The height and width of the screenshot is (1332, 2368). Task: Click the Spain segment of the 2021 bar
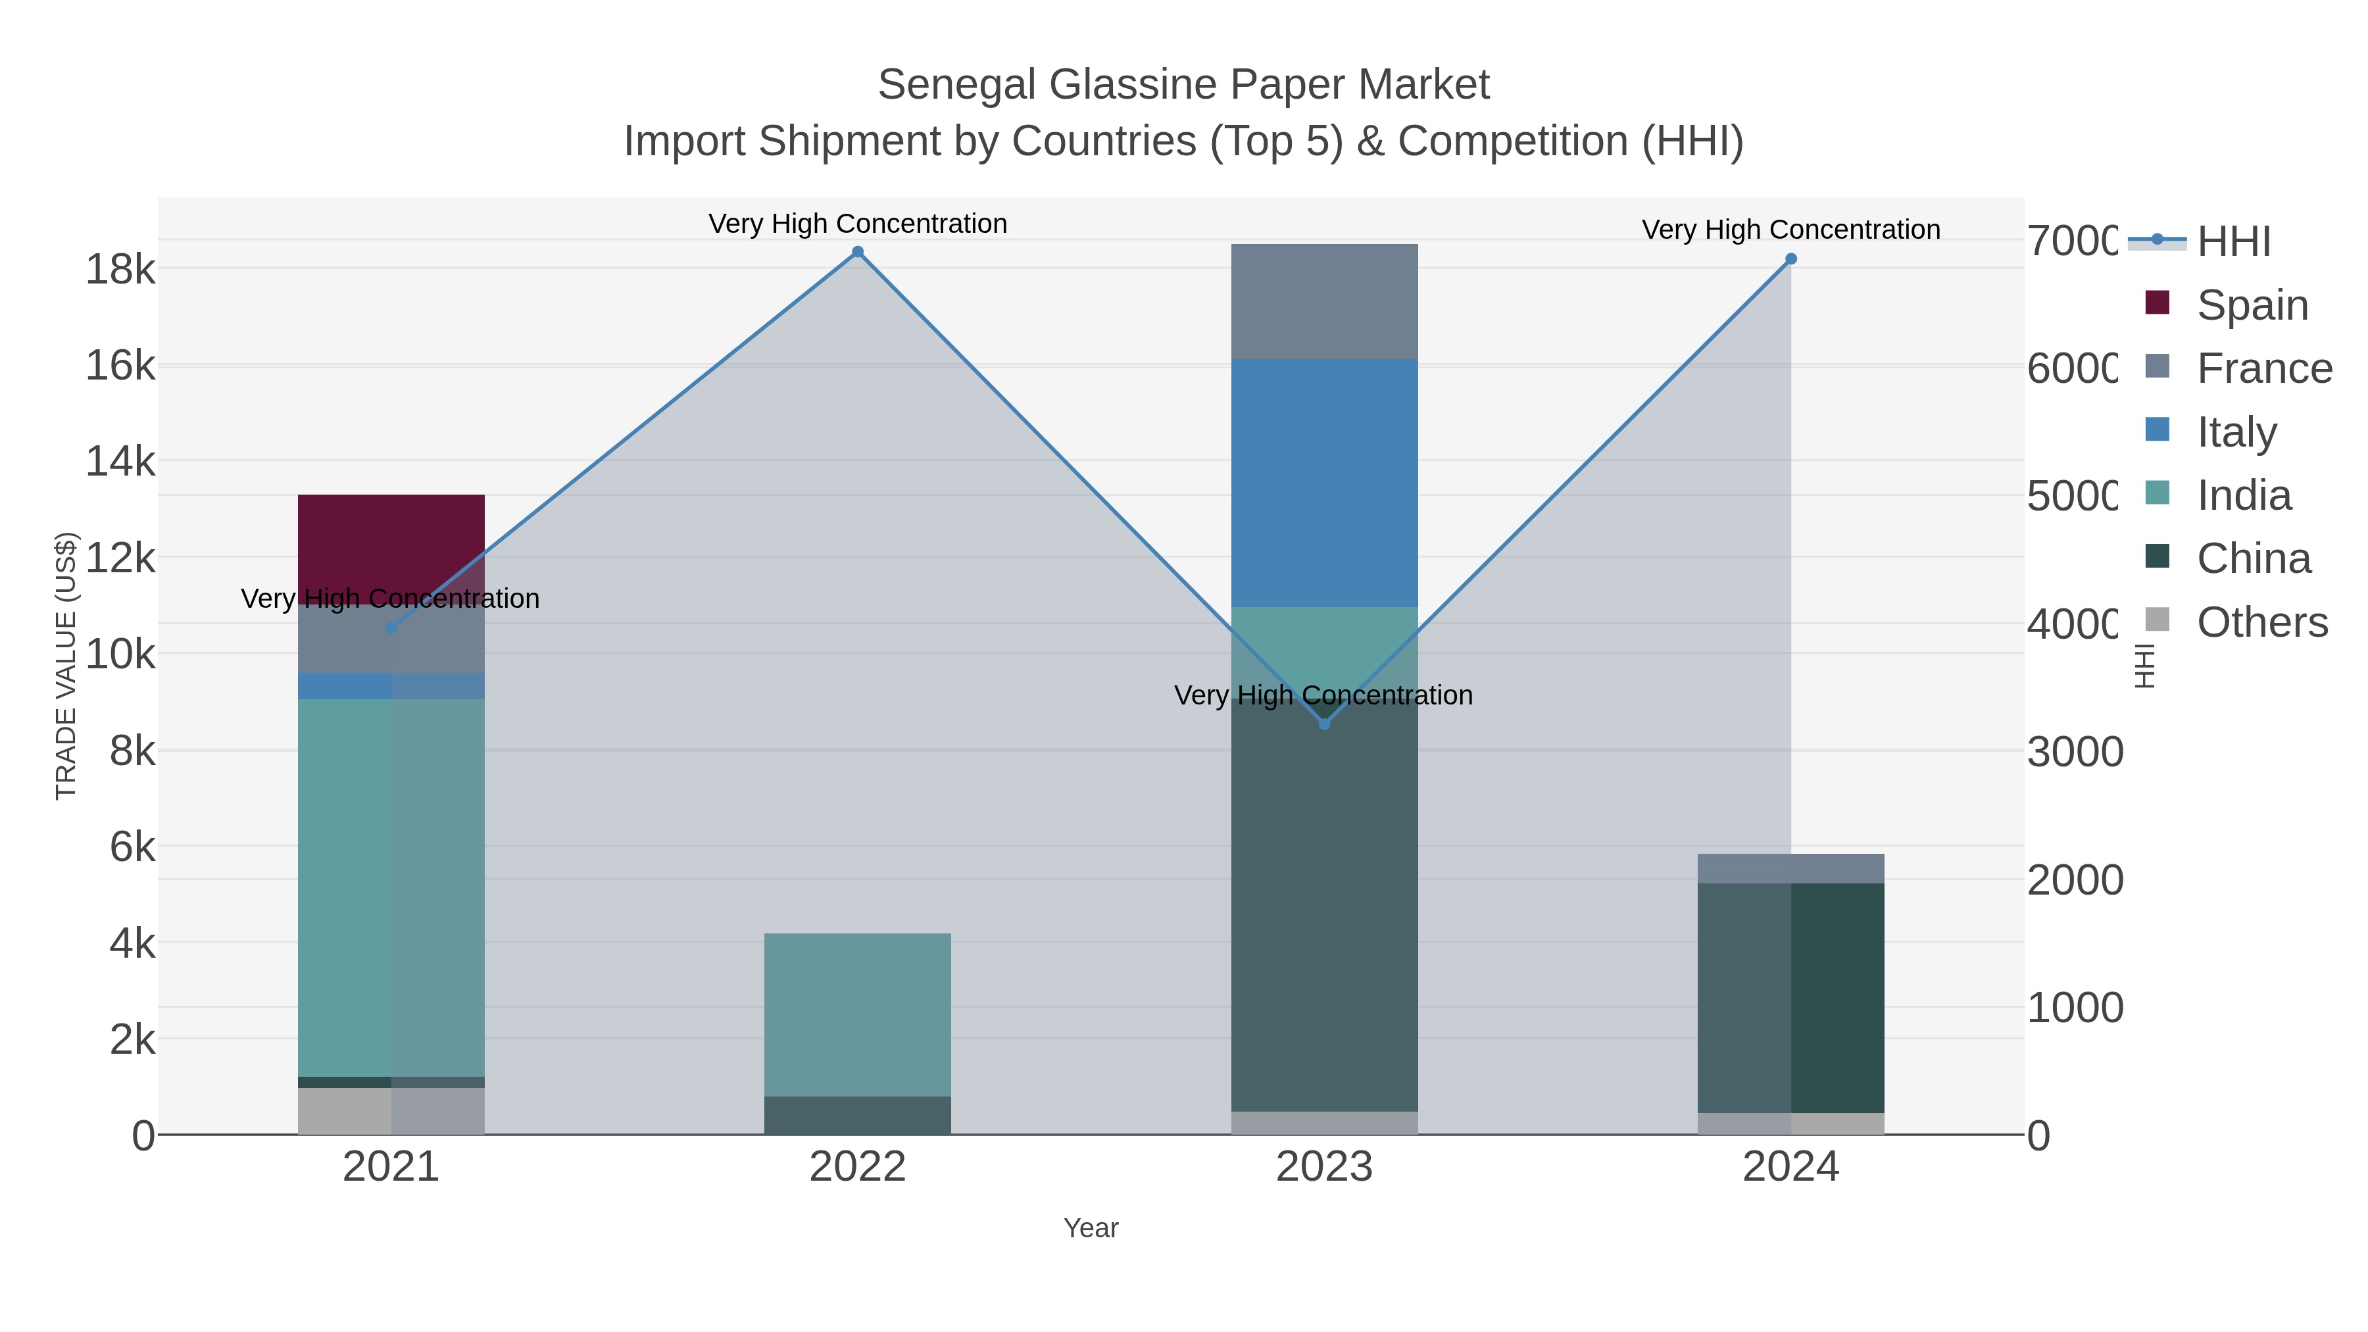tap(391, 548)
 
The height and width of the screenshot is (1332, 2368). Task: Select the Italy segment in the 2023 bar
tap(1323, 483)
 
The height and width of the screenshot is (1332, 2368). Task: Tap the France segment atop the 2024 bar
tap(1790, 868)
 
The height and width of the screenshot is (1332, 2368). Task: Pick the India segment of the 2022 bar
tap(856, 1014)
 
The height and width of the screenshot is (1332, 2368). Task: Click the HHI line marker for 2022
tap(858, 252)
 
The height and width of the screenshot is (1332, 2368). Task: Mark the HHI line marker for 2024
tap(1790, 259)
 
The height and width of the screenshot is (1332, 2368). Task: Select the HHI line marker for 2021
tap(391, 628)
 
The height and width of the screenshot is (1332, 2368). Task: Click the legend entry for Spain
tap(2252, 305)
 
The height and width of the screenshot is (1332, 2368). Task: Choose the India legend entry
tap(2243, 495)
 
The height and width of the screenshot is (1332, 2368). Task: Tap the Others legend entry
tap(2261, 622)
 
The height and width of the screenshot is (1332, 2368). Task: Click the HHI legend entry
tap(2233, 242)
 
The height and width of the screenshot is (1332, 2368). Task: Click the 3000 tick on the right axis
tap(2075, 752)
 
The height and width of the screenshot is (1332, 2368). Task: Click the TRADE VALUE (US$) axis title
tap(66, 666)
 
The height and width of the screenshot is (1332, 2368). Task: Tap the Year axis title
tap(1090, 1228)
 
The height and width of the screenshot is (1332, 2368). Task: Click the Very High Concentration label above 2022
tap(858, 224)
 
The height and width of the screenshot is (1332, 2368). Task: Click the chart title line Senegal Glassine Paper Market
tap(1183, 85)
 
